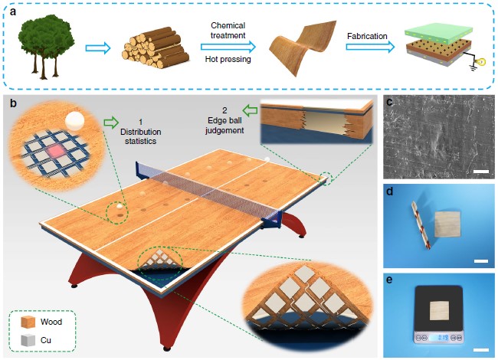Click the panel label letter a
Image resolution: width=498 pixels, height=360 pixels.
pos(13,12)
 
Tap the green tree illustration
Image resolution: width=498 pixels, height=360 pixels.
pos(47,47)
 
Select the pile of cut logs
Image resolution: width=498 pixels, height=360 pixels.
pos(156,47)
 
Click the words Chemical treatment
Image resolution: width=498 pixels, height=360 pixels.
pos(228,30)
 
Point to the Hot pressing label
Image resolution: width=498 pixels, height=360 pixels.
pos(228,59)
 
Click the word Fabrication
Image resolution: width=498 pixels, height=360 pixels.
pos(367,36)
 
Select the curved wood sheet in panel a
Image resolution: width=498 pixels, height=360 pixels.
pos(303,47)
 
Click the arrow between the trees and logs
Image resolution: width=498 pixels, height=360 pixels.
pos(98,48)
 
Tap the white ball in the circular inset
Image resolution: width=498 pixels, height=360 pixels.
pos(74,121)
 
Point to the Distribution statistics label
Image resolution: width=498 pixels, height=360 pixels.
pos(140,132)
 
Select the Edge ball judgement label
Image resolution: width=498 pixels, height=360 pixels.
pos(224,120)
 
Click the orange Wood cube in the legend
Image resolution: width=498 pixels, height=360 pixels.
pos(28,322)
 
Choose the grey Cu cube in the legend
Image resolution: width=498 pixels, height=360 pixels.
pos(28,340)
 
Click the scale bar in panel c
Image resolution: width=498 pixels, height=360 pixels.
pos(481,172)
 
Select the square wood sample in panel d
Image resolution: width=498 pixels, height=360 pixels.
pos(447,224)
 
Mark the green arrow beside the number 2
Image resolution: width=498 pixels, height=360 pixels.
pos(250,111)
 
